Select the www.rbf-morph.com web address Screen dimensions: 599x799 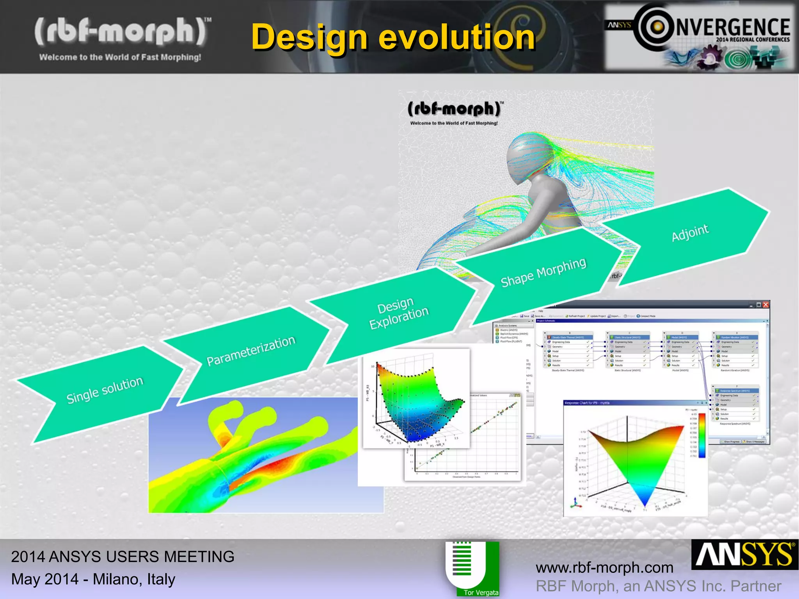point(604,568)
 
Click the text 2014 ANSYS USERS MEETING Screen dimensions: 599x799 point(123,556)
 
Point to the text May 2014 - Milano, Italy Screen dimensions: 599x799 point(93,579)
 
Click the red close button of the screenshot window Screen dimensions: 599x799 point(765,305)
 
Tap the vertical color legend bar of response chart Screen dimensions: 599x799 point(702,435)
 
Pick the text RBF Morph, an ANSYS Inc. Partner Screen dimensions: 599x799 point(658,586)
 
